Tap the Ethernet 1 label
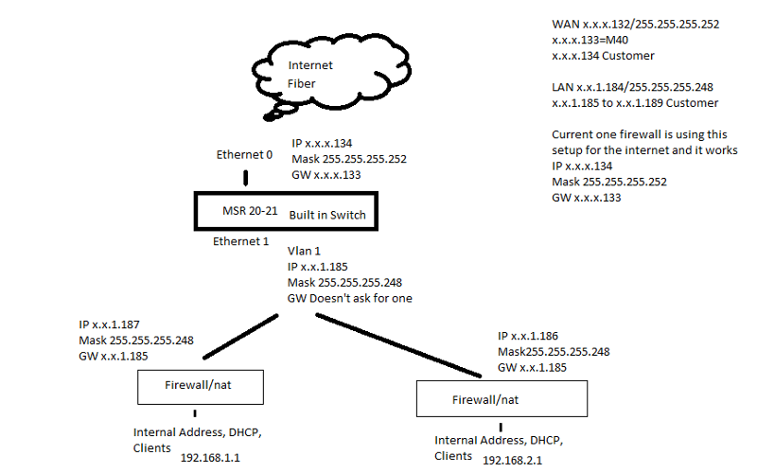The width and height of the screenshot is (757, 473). tap(240, 241)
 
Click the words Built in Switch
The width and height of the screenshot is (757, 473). tap(327, 215)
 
